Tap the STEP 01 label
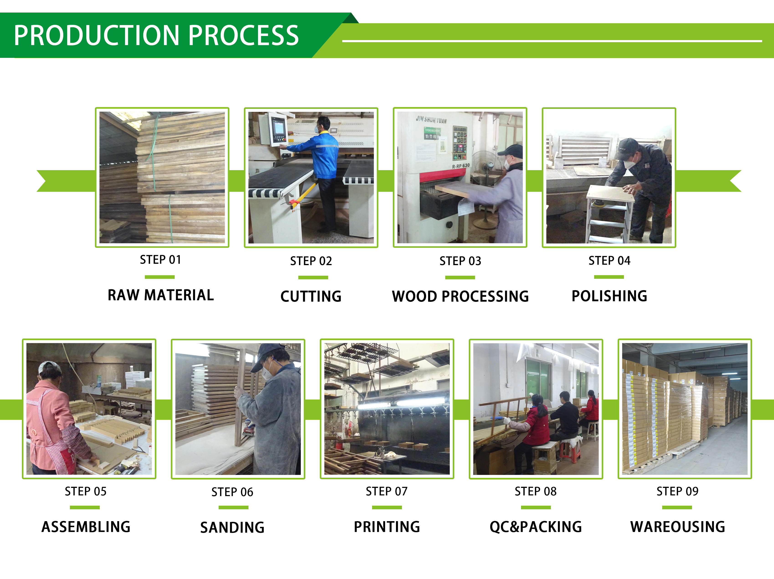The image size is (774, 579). (x=160, y=260)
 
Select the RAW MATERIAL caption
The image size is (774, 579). (x=161, y=295)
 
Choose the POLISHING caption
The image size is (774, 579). (x=609, y=296)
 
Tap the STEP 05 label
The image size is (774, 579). (x=85, y=492)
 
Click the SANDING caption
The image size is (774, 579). (x=232, y=528)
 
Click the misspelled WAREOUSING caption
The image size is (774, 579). (x=677, y=527)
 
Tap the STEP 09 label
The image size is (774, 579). (x=677, y=492)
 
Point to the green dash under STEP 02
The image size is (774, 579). (x=313, y=277)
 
